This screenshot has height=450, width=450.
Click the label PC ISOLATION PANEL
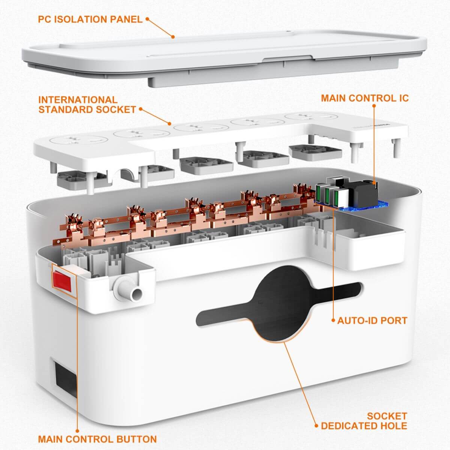pyautogui.click(x=90, y=19)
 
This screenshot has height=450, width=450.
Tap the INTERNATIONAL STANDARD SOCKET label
pyautogui.click(x=87, y=105)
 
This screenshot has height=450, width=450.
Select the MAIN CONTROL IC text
pyautogui.click(x=364, y=98)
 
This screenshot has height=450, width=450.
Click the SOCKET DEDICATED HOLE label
pyautogui.click(x=364, y=420)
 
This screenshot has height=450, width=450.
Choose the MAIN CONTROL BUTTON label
pyautogui.click(x=97, y=439)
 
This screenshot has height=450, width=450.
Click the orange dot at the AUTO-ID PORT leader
pyautogui.click(x=333, y=321)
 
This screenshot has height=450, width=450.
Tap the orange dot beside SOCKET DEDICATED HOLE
pyautogui.click(x=316, y=426)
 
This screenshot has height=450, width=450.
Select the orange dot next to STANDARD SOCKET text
pyautogui.click(x=141, y=109)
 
